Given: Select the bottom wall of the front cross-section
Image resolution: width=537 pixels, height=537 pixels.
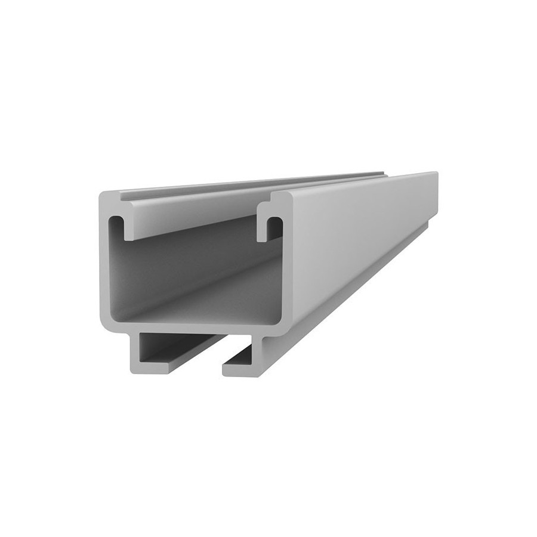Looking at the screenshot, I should (191, 326).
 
